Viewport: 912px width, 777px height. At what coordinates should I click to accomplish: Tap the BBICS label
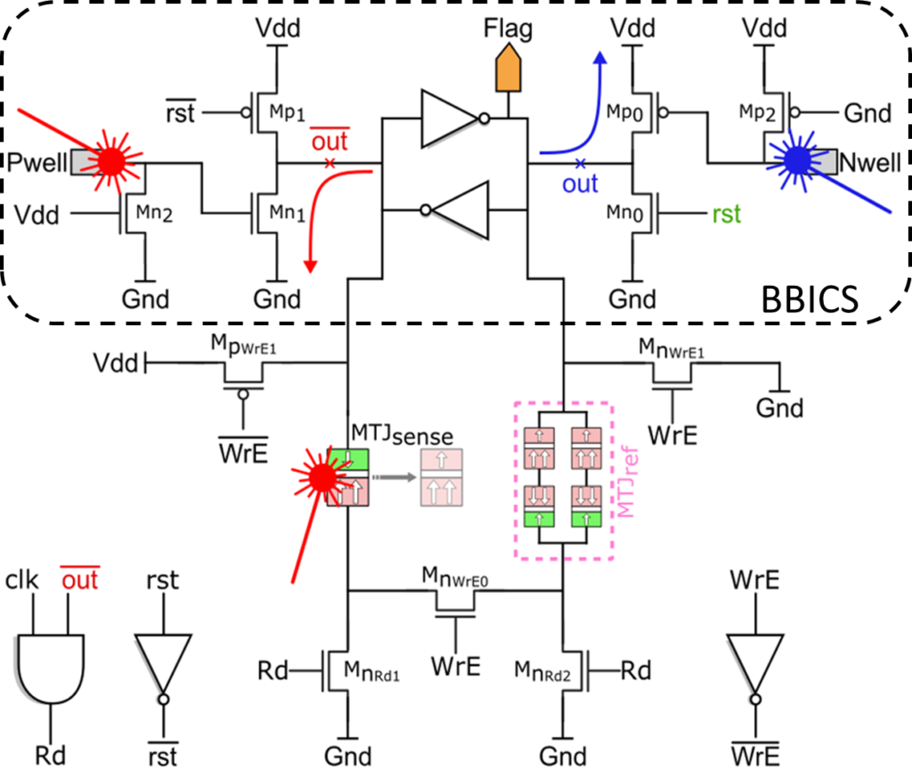pyautogui.click(x=810, y=299)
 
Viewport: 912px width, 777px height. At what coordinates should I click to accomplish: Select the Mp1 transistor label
pyautogui.click(x=287, y=111)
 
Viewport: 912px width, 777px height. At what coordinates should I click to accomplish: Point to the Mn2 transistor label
pyautogui.click(x=154, y=213)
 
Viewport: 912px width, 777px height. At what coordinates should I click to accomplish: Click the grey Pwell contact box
pyautogui.click(x=87, y=162)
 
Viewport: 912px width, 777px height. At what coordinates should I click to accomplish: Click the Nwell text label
pyautogui.click(x=870, y=162)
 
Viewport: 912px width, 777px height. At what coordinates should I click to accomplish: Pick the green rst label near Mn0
pyautogui.click(x=727, y=214)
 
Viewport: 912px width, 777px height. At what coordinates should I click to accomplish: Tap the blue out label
pyautogui.click(x=579, y=184)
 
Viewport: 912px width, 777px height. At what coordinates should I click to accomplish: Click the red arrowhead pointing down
pyautogui.click(x=311, y=266)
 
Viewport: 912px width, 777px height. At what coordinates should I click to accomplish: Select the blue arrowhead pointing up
pyautogui.click(x=600, y=57)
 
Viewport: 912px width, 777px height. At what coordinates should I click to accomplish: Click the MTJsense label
pyautogui.click(x=402, y=435)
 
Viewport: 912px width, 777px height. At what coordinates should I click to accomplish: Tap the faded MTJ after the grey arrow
pyautogui.click(x=442, y=478)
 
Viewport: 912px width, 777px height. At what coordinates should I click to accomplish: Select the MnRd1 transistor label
pyautogui.click(x=371, y=671)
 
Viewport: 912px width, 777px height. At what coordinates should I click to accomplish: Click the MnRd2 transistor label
pyautogui.click(x=542, y=671)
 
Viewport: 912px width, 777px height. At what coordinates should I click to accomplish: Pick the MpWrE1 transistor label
pyautogui.click(x=243, y=345)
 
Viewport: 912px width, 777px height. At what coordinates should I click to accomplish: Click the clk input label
pyautogui.click(x=21, y=580)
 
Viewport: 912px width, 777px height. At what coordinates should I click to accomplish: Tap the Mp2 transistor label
pyautogui.click(x=757, y=111)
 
